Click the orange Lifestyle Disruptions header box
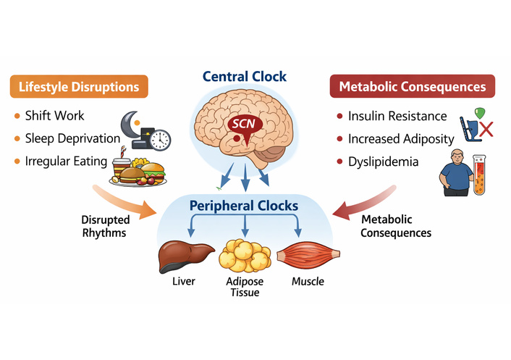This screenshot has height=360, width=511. [x=79, y=87]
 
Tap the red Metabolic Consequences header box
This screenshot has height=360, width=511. [x=413, y=87]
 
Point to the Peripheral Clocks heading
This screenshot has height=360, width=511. [x=244, y=206]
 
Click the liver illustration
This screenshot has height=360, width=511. [x=186, y=255]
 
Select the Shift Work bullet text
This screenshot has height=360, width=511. [x=54, y=116]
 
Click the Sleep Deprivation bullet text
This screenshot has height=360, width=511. [x=72, y=138]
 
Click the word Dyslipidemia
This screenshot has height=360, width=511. [x=383, y=162]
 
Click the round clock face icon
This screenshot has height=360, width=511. [x=160, y=139]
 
